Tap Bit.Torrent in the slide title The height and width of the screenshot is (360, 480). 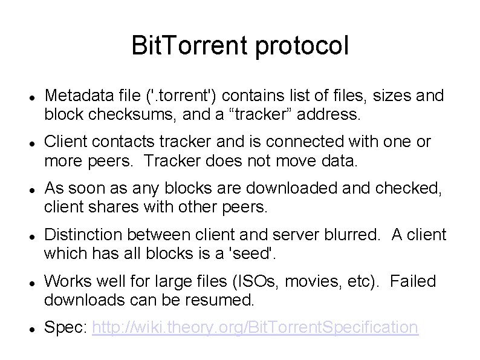coord(192,47)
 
